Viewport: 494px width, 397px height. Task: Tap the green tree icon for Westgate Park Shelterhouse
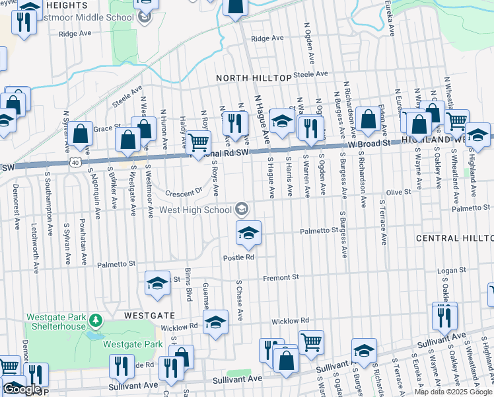(96, 321)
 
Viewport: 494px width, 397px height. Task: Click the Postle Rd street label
(238, 257)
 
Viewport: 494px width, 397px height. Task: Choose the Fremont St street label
(281, 277)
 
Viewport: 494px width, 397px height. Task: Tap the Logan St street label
(452, 270)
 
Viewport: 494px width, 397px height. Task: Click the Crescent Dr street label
(184, 193)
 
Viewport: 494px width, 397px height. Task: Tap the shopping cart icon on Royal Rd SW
(198, 142)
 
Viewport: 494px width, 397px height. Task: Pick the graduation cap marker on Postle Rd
(248, 232)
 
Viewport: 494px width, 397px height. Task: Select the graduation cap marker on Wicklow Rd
(215, 324)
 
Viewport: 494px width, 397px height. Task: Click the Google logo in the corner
(21, 389)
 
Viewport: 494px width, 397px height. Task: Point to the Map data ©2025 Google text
(453, 392)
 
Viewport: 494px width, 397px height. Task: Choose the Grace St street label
(104, 128)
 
